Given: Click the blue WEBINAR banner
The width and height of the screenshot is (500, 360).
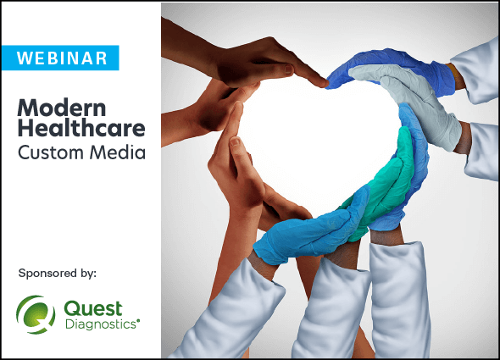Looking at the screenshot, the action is pos(60,58).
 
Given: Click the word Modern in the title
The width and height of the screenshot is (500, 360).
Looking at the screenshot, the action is pos(62,108).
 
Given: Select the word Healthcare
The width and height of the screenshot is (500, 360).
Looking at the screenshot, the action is pos(81,128).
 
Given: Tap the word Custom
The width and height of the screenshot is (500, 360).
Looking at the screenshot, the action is pos(50,152).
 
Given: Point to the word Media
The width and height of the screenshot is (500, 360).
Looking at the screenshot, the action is pos(118,152).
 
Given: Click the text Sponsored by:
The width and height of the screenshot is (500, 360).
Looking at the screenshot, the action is pos(58,274).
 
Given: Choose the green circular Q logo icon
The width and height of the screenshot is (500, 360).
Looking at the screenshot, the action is pos(36,314).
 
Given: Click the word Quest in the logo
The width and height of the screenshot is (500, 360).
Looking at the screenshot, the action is pos(93,308).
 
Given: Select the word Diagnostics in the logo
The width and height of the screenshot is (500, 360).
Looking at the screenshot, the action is pos(102,324).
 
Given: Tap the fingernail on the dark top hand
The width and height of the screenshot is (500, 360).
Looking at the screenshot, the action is pos(288,69).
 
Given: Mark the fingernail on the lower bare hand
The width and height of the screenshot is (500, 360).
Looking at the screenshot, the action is pos(235,141).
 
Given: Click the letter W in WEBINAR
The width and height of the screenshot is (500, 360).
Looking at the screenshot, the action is pos(24,58).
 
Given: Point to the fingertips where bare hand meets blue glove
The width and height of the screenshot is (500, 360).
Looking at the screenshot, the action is pos(327,83).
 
